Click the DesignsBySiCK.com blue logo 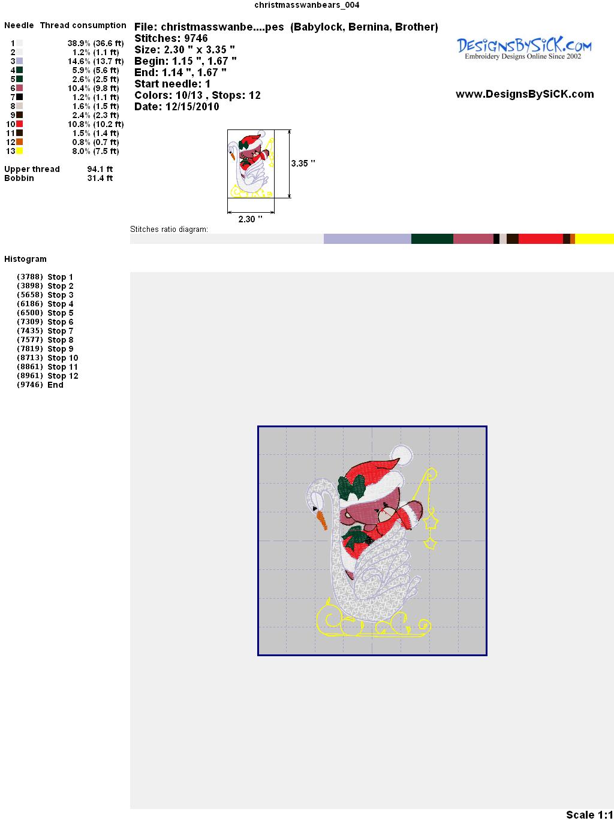point(524,49)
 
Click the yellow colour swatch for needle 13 point(19,151)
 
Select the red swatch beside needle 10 point(19,124)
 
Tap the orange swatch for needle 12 point(19,142)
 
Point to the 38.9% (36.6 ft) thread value point(95,43)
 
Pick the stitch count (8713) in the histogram point(30,358)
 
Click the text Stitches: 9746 point(171,38)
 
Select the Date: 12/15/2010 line point(177,107)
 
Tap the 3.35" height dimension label point(303,164)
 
